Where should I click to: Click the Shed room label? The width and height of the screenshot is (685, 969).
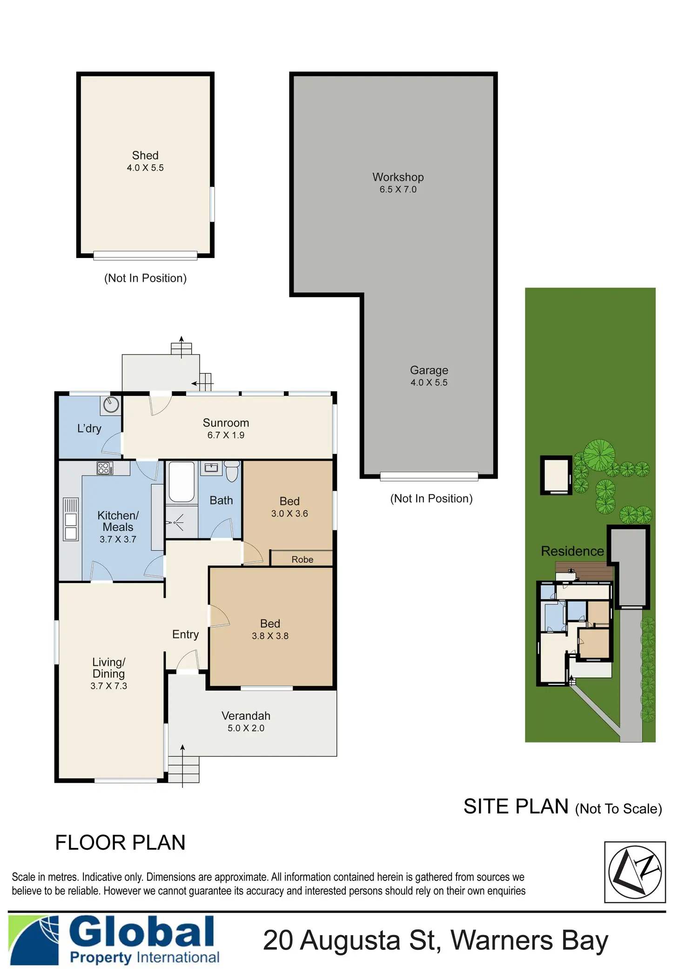click(x=145, y=156)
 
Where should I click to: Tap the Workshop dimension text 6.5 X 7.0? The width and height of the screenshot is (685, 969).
click(x=398, y=190)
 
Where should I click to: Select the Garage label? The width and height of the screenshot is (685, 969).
click(x=429, y=370)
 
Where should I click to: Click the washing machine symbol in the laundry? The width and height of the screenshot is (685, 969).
click(x=111, y=405)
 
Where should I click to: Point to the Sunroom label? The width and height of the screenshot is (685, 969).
click(x=226, y=423)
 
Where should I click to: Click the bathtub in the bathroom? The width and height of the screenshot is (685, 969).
click(x=181, y=481)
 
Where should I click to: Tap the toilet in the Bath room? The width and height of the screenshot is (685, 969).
click(x=232, y=471)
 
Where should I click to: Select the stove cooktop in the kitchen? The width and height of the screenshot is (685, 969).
click(x=105, y=468)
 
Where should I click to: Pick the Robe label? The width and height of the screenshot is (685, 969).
click(x=302, y=560)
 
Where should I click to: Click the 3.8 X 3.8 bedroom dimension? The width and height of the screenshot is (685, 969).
click(x=270, y=636)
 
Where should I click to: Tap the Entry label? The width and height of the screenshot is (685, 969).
click(x=185, y=634)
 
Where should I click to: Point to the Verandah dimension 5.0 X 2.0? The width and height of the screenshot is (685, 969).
click(x=246, y=728)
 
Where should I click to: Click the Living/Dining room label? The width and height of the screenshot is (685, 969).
click(x=108, y=668)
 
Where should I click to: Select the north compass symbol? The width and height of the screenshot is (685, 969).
click(x=635, y=872)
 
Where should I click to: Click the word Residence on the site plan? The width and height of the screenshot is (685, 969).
click(x=572, y=551)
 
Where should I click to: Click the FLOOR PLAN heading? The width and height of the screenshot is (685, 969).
click(x=120, y=843)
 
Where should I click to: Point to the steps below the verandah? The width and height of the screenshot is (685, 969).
click(x=183, y=769)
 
